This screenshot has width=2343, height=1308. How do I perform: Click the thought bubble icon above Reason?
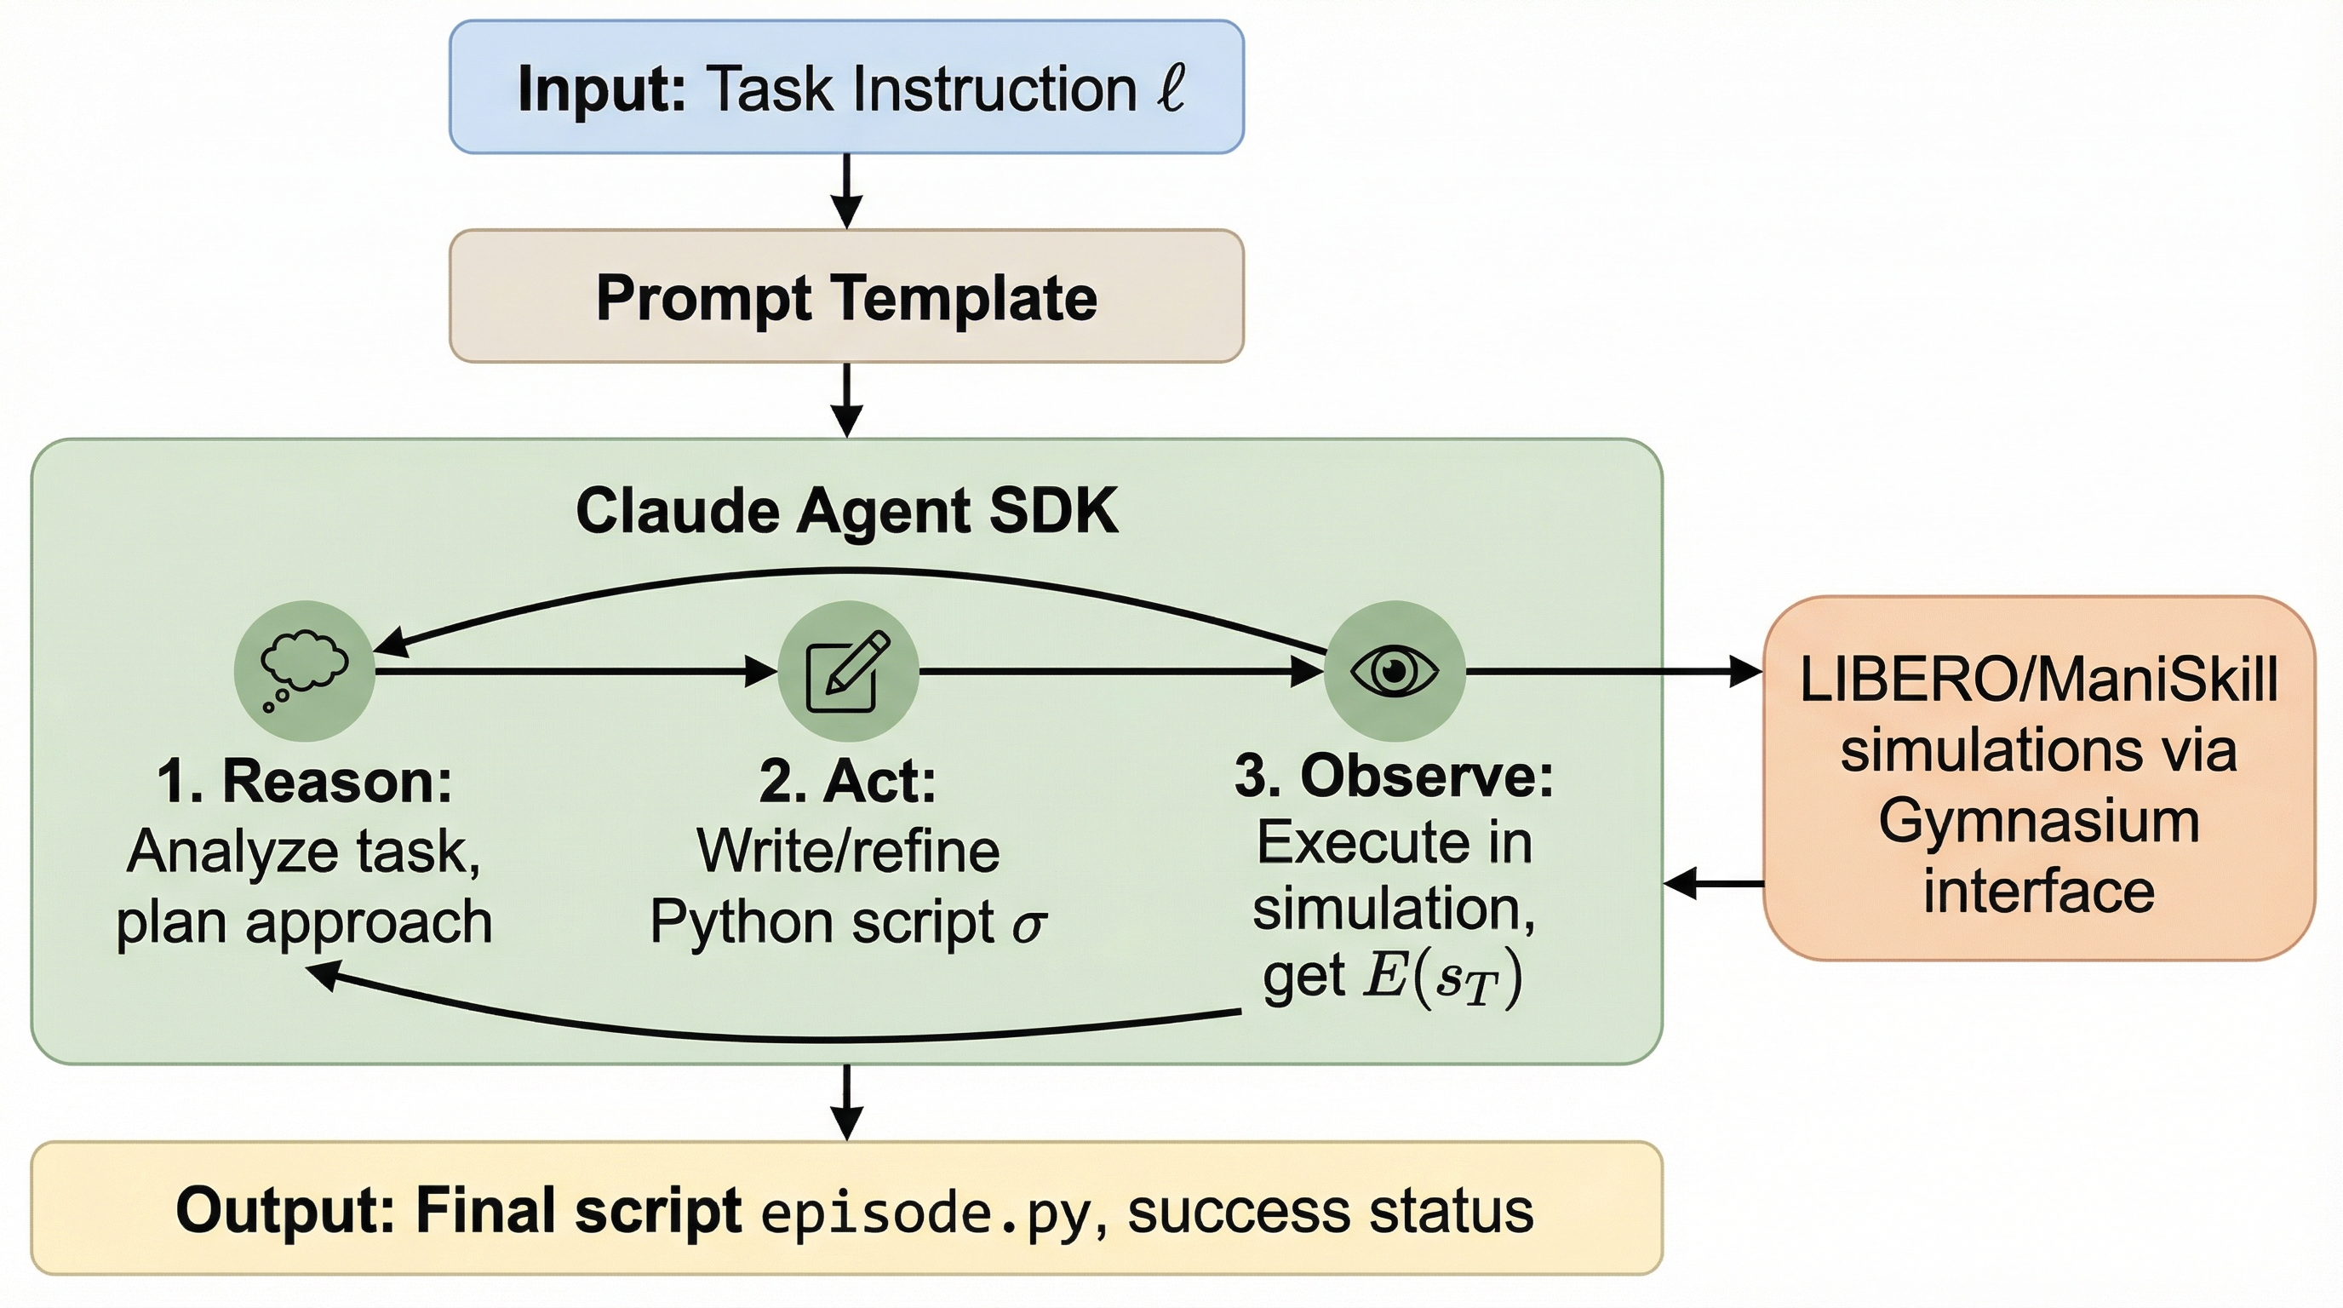click(x=304, y=671)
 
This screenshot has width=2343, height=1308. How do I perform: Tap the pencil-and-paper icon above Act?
click(x=848, y=671)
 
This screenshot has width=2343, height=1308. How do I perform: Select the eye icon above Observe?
click(x=1395, y=671)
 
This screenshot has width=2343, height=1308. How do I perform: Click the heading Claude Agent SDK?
click(x=847, y=511)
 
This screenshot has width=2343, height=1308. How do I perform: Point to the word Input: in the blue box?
click(x=601, y=89)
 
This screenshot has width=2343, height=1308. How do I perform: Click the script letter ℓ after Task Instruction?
click(x=1171, y=89)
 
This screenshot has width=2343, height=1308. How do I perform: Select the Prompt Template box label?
click(x=847, y=297)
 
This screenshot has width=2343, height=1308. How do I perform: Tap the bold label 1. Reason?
click(x=305, y=780)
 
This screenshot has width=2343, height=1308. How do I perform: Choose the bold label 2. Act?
click(x=848, y=780)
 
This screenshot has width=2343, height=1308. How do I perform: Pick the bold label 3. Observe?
click(x=1395, y=777)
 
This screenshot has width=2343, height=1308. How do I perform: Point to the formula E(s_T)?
click(x=1442, y=978)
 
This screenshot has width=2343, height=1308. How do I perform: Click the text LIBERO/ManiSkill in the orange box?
click(x=2038, y=680)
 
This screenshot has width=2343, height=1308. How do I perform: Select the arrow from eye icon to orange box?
click(x=1613, y=671)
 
